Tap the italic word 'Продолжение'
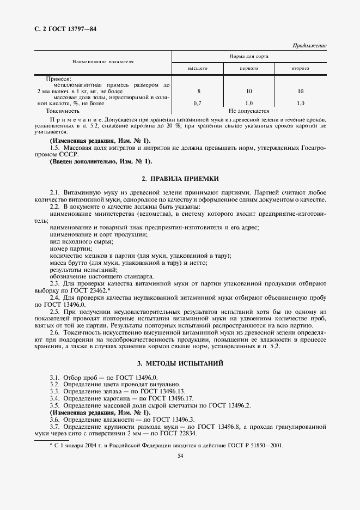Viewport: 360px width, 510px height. (309, 46)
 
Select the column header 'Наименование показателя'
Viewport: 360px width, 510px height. (103, 62)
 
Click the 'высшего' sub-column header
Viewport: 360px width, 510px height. (198, 69)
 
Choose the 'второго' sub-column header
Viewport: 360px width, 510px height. (300, 69)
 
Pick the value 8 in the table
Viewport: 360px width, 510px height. (199, 91)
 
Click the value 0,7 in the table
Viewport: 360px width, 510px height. (198, 102)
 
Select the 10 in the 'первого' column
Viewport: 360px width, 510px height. (249, 91)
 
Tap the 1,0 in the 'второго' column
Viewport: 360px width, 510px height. (300, 102)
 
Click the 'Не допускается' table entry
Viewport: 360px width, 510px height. (249, 110)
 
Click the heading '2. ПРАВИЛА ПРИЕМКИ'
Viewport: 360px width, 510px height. (180, 179)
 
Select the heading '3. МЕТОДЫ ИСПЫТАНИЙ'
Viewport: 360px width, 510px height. (180, 363)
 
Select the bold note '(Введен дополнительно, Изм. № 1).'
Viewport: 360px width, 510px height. (101, 161)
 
